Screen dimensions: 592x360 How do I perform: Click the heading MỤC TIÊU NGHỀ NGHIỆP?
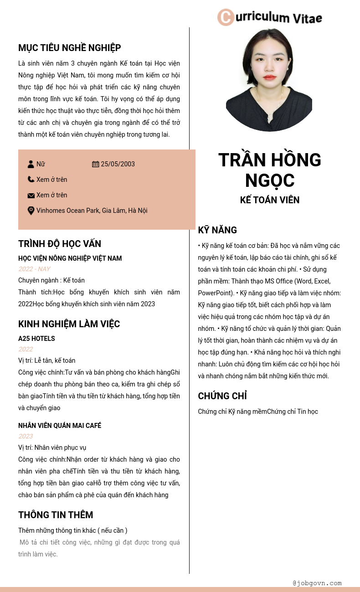pos(69,48)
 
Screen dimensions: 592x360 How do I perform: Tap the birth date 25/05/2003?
pos(118,164)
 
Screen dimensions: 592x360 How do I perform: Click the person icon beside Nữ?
pos(31,164)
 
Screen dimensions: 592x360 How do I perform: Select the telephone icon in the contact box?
pos(31,180)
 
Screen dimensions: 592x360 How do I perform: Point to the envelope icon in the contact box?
pos(31,196)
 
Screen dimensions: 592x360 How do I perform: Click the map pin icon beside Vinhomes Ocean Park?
pos(31,211)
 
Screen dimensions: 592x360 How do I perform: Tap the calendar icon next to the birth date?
pos(96,164)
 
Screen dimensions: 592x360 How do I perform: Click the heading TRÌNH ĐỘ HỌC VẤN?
pos(60,244)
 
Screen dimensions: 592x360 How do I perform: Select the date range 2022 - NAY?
pos(34,269)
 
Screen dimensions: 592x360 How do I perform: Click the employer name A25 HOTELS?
pos(36,339)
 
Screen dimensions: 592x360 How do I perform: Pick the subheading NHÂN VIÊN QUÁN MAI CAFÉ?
pos(60,426)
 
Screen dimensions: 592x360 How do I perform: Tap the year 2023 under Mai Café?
pos(26,436)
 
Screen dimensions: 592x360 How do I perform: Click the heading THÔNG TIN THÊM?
pos(56,515)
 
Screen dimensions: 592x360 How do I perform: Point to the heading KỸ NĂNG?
pos(217,230)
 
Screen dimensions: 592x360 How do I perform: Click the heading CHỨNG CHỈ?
pos(222,396)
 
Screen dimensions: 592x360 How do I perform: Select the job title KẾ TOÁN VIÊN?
pos(270,200)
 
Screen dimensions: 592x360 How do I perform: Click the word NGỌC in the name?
pos(270,180)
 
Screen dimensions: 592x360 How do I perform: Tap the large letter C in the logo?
pos(226,17)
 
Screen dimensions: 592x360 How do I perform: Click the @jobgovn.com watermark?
pos(317,583)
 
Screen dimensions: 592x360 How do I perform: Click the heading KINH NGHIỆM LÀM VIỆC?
pos(69,324)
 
